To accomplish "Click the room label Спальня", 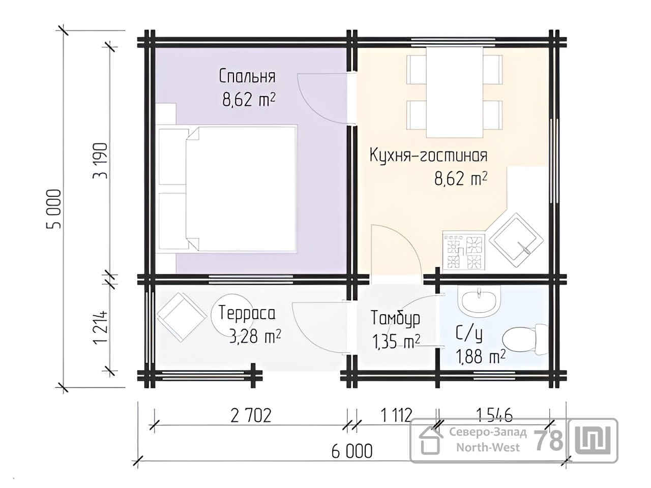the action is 247,76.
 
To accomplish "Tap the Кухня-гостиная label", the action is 429,155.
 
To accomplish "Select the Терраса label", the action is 247,313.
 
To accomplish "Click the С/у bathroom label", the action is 469,334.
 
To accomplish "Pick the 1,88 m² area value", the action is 481,356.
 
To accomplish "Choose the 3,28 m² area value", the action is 255,337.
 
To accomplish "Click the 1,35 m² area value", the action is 396,342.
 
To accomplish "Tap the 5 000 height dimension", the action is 54,208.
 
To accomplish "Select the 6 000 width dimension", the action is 352,451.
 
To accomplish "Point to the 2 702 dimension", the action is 251,415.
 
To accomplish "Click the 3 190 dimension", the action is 100,161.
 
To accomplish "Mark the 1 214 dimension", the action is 100,327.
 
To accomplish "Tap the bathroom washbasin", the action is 479,299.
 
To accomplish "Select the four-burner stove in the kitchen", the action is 463,252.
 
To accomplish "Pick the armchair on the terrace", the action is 182,317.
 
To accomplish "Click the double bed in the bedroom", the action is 227,189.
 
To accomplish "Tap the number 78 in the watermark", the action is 548,441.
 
